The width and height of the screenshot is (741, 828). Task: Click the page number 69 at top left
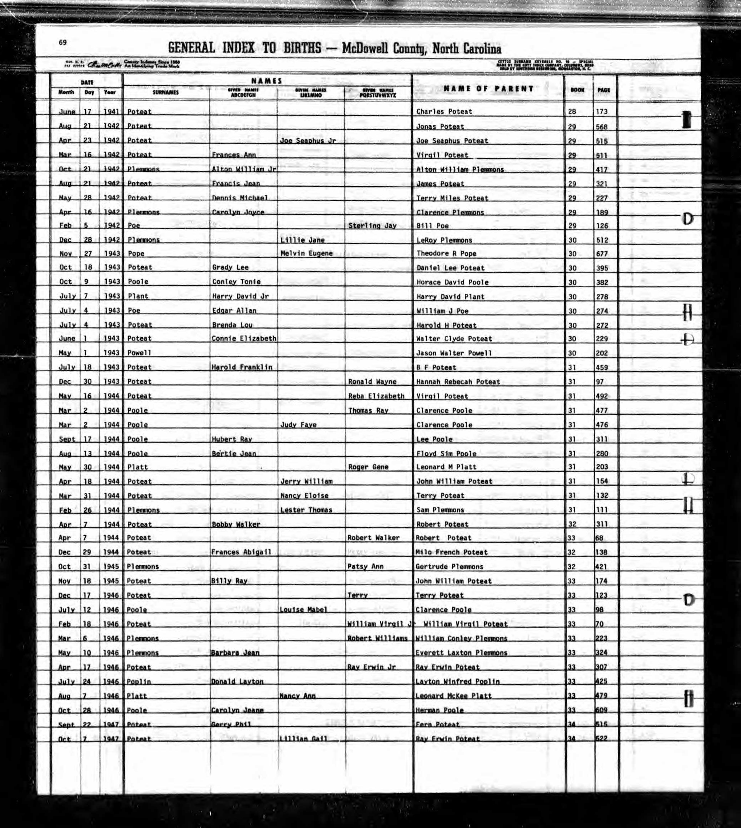pos(62,42)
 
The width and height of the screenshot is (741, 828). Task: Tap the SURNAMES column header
pos(165,93)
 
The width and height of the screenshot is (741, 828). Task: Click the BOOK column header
pos(577,90)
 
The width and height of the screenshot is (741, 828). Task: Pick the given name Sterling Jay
pos(372,225)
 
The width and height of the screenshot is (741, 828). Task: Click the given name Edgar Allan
pos(234,311)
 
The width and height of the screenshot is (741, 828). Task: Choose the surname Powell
pos(139,353)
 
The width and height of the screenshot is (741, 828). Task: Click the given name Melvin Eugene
pos(306,253)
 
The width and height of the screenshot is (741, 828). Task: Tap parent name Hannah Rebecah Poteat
pos(458,382)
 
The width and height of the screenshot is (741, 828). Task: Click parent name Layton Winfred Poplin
pos(457,681)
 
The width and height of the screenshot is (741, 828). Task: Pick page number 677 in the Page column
pos(601,254)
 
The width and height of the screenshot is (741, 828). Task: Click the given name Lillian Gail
pos(303,738)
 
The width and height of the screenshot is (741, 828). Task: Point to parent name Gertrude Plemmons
pos(449,567)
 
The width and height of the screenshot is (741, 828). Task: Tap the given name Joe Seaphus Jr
pos(307,141)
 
